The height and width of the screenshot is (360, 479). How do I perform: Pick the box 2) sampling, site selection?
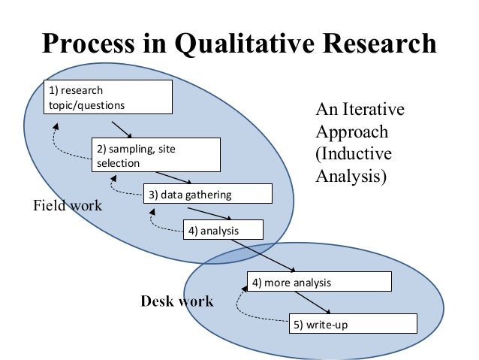coord(156,155)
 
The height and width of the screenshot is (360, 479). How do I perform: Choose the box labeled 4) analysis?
coord(223,230)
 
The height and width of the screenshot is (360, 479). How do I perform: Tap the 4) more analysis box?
coord(320,283)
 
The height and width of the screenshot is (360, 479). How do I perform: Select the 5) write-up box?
coord(353,325)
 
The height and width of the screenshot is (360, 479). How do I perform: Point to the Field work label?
coord(68,205)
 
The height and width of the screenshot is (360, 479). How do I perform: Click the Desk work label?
coord(177,302)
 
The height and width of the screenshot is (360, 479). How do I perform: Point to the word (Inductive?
coord(353,156)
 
